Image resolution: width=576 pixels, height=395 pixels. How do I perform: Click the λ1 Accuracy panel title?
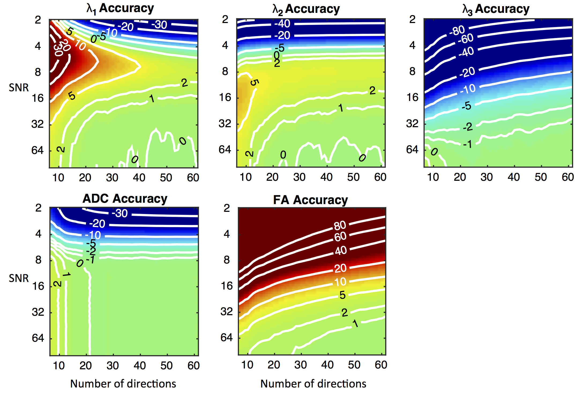tap(120, 9)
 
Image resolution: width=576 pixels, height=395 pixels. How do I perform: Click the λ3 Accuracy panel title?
tap(496, 9)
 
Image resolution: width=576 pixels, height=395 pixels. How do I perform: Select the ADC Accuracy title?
tap(125, 199)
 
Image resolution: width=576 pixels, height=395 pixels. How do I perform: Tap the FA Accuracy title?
tap(310, 200)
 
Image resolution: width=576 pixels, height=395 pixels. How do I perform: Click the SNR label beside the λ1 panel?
tap(19, 88)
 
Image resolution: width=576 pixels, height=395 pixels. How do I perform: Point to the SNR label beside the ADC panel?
tap(19, 278)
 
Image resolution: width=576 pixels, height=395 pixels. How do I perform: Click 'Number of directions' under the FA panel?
tap(313, 384)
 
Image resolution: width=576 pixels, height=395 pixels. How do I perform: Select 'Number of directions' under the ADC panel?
tap(123, 384)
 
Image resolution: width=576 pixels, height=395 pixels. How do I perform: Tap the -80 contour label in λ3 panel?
tap(457, 30)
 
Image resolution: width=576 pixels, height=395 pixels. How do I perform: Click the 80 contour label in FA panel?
tap(340, 225)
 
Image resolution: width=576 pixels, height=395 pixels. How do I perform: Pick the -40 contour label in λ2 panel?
tap(282, 24)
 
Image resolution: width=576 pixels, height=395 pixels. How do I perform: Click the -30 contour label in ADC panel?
tap(120, 213)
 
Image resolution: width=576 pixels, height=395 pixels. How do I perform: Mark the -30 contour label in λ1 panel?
tap(159, 25)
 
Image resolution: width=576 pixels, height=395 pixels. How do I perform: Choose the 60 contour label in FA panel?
tap(340, 237)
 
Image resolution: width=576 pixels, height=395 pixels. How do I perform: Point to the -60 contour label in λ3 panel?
tap(466, 39)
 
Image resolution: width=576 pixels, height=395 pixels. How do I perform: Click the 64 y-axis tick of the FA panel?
tap(227, 337)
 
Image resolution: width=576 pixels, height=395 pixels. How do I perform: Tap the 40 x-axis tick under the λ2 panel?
tap(326, 177)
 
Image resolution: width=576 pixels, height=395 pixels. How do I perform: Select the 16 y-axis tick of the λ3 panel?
tap(413, 97)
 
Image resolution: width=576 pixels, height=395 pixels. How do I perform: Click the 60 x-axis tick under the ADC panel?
tap(193, 366)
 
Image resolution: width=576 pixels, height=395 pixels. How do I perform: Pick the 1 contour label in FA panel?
tap(355, 324)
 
